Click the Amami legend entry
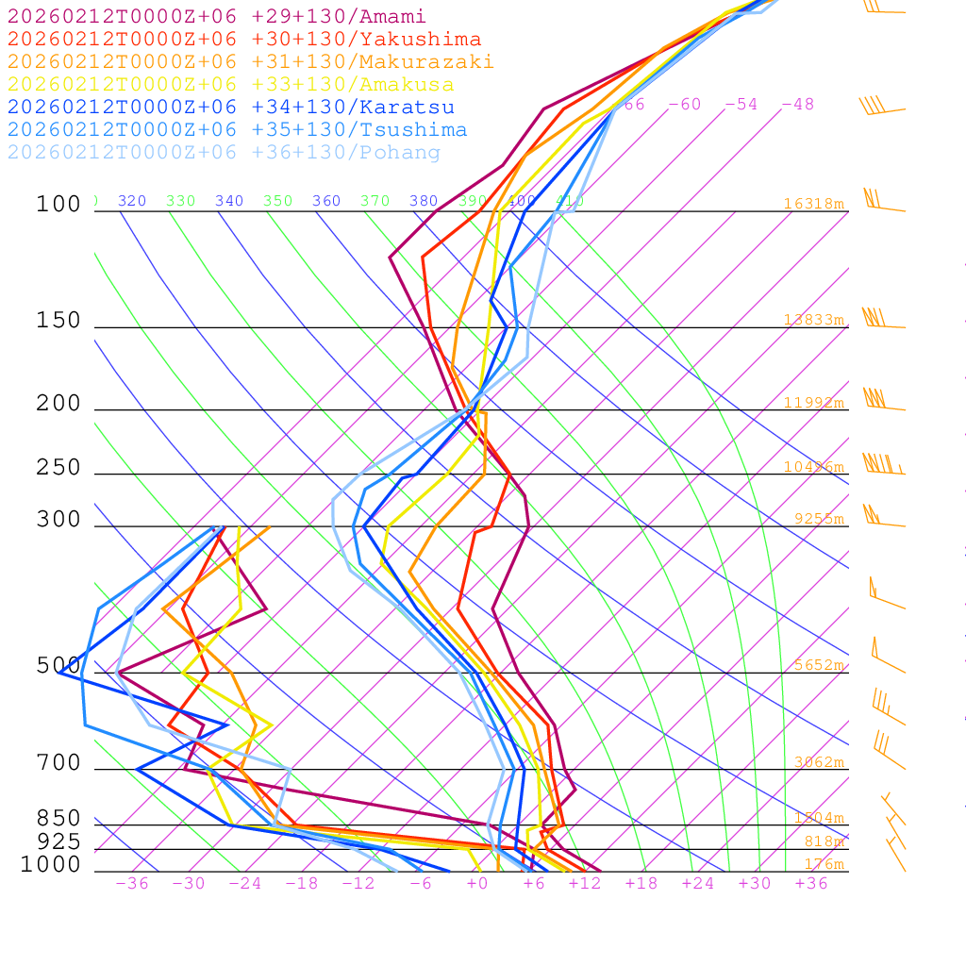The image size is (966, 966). pyautogui.click(x=217, y=17)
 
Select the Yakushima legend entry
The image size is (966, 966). pyautogui.click(x=244, y=40)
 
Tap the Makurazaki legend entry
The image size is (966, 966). pyautogui.click(x=251, y=62)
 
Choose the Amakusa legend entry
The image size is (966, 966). pyautogui.click(x=231, y=85)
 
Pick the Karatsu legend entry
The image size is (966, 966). pyautogui.click(x=231, y=108)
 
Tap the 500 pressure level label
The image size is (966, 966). pyautogui.click(x=58, y=666)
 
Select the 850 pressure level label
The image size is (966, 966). pyautogui.click(x=58, y=819)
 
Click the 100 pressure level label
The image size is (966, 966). pyautogui.click(x=58, y=205)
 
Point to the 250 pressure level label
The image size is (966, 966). pyautogui.click(x=58, y=468)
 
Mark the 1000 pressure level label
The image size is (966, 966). pyautogui.click(x=51, y=864)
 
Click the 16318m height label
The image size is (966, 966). pyautogui.click(x=813, y=204)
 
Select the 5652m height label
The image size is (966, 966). pyautogui.click(x=818, y=665)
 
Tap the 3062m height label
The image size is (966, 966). pyautogui.click(x=818, y=762)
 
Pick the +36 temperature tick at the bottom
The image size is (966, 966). pyautogui.click(x=811, y=883)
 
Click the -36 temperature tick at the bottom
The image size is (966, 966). pyautogui.click(x=132, y=883)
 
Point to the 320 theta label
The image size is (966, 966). pyautogui.click(x=132, y=201)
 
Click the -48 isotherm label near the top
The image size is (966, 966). pyautogui.click(x=797, y=104)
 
